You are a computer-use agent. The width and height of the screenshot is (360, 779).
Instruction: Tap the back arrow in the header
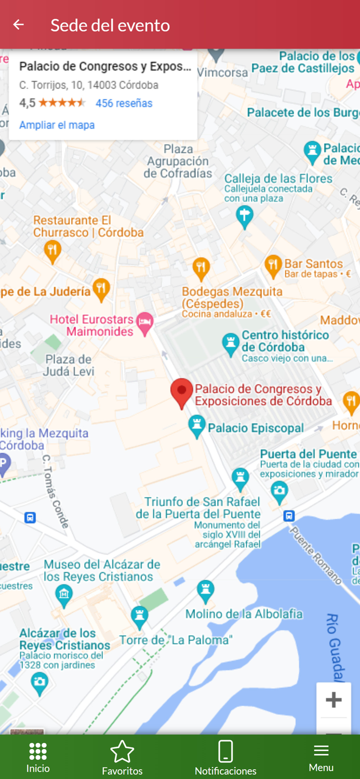pyautogui.click(x=19, y=24)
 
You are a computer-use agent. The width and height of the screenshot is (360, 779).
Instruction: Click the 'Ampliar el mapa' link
pyautogui.click(x=57, y=125)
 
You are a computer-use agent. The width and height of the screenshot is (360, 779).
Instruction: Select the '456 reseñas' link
pyautogui.click(x=124, y=103)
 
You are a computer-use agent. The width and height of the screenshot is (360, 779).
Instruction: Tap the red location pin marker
pyautogui.click(x=181, y=392)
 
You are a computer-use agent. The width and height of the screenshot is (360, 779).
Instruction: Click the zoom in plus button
pyautogui.click(x=333, y=700)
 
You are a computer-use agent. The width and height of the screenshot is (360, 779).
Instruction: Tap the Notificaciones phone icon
pyautogui.click(x=225, y=751)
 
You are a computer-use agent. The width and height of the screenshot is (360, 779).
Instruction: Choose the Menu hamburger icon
pyautogui.click(x=321, y=750)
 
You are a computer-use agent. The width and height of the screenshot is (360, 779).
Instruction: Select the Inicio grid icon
pyautogui.click(x=38, y=751)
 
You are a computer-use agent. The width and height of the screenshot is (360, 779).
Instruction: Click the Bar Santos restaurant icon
pyautogui.click(x=273, y=266)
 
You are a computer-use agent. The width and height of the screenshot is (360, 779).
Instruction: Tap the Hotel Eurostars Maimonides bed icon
pyautogui.click(x=145, y=324)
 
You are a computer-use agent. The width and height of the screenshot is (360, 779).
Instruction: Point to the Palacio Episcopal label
pyautogui.click(x=256, y=428)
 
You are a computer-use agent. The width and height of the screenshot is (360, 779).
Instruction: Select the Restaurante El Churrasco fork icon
pyautogui.click(x=52, y=251)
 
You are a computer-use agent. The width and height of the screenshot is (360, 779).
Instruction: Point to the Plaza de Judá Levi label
pyautogui.click(x=68, y=365)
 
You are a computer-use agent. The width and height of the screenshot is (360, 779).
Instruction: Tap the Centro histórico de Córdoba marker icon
pyautogui.click(x=230, y=344)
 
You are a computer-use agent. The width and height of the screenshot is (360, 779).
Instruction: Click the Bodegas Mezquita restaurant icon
pyautogui.click(x=201, y=268)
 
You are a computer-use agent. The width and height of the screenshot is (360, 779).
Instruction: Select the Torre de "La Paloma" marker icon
pyautogui.click(x=139, y=616)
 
